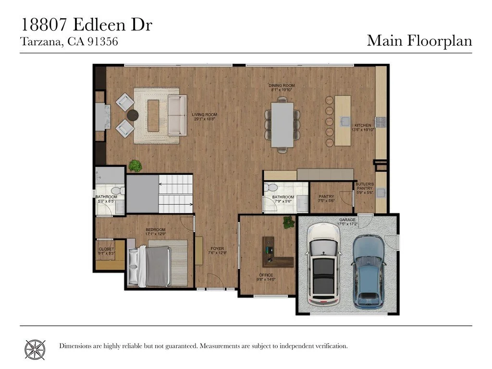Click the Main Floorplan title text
click(419, 40)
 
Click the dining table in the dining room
click(282, 124)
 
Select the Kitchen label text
click(362, 127)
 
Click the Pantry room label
click(326, 198)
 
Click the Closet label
click(106, 251)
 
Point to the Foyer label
click(217, 250)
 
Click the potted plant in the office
click(288, 222)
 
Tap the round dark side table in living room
click(132, 115)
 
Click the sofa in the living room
click(177, 115)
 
